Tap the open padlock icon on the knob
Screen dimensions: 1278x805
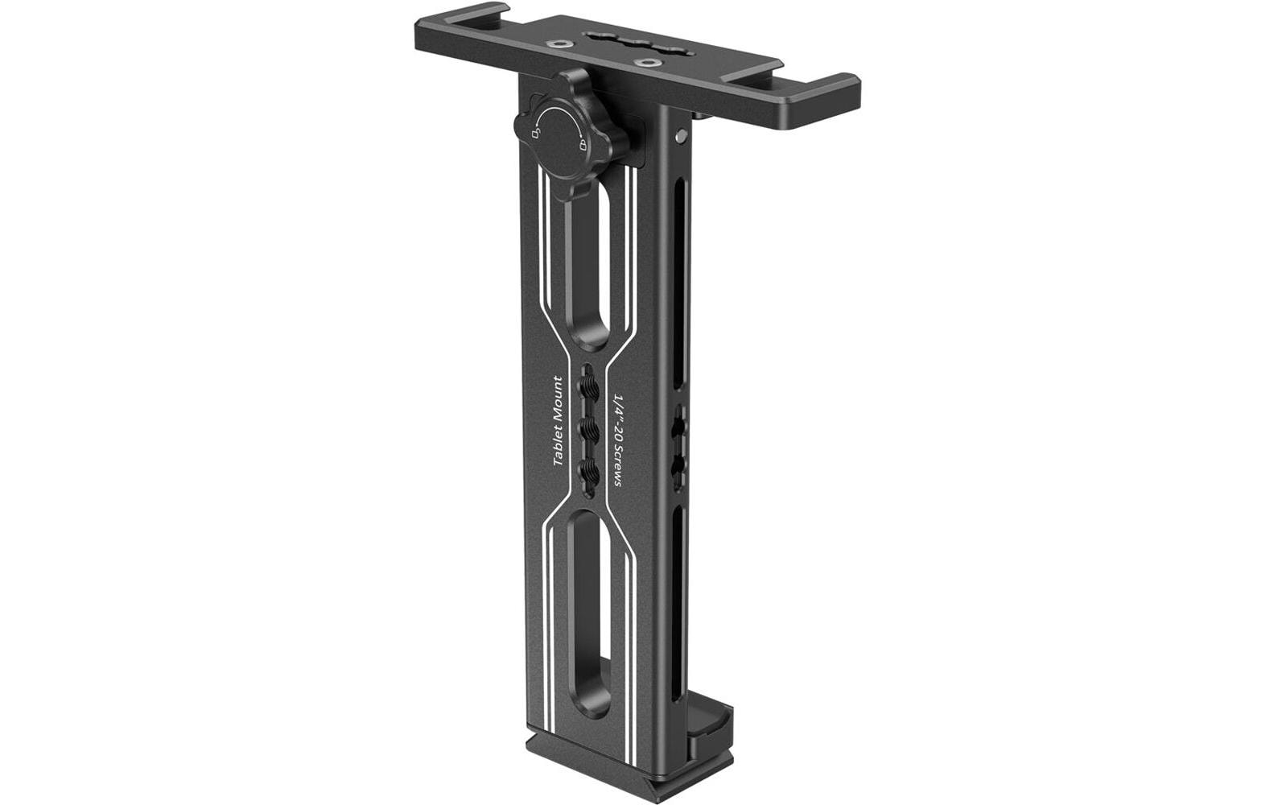point(536,132)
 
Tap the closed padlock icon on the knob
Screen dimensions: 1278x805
point(583,146)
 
